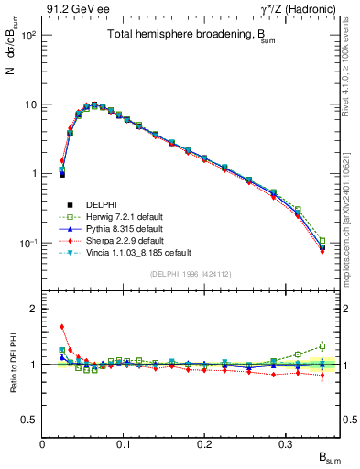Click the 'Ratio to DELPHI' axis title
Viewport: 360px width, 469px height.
click(x=13, y=364)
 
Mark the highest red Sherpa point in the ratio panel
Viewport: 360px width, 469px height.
click(x=61, y=326)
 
